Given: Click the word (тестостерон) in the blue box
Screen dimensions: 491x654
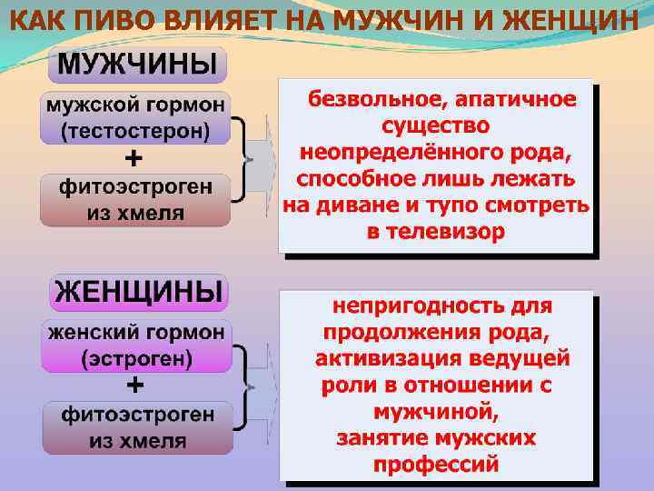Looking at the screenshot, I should (x=134, y=130).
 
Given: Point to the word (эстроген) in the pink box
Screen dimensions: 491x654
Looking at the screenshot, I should (x=136, y=358).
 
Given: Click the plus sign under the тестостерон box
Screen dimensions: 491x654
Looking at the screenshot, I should (x=134, y=158).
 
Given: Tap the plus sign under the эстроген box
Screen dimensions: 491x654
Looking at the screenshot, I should (x=134, y=385).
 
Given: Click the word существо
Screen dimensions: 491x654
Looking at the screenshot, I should (x=436, y=124).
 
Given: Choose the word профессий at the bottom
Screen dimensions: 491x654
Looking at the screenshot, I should (x=436, y=465).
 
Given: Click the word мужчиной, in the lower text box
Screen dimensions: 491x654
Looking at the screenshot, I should (x=436, y=410).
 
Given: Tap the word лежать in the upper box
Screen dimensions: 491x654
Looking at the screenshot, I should (x=535, y=177).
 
